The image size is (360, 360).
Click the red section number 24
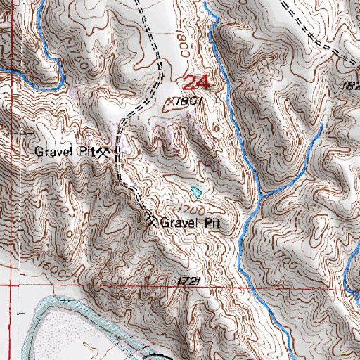point(198,83)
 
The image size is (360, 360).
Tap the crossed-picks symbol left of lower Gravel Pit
point(151,221)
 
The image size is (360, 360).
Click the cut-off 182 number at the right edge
point(352,84)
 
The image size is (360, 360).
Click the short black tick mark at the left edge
point(6,131)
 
